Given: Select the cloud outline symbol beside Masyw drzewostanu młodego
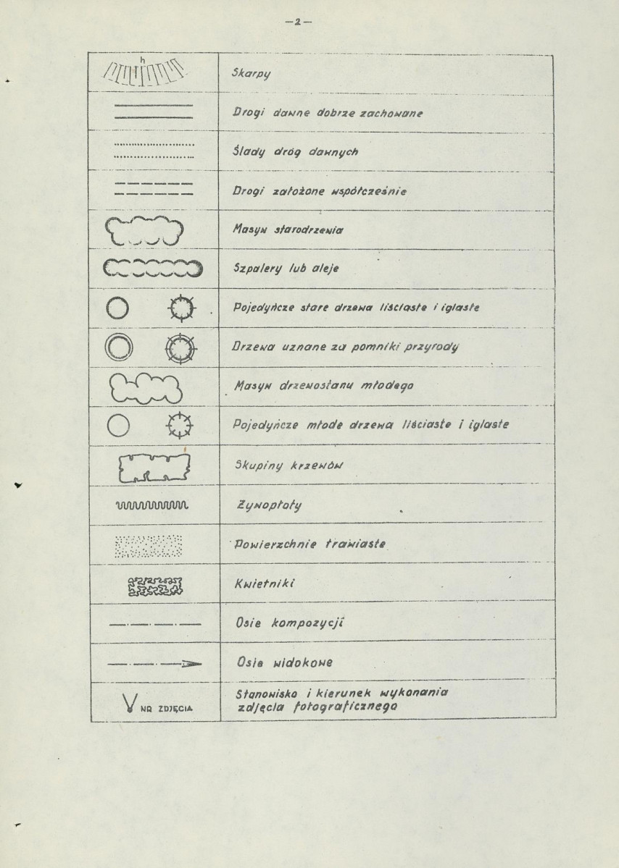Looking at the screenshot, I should coord(148,388).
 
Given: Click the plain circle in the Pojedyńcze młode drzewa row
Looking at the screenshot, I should coord(117,427).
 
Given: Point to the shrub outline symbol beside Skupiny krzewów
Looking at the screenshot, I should coord(154,468).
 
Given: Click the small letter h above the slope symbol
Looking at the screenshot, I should coord(143,58).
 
